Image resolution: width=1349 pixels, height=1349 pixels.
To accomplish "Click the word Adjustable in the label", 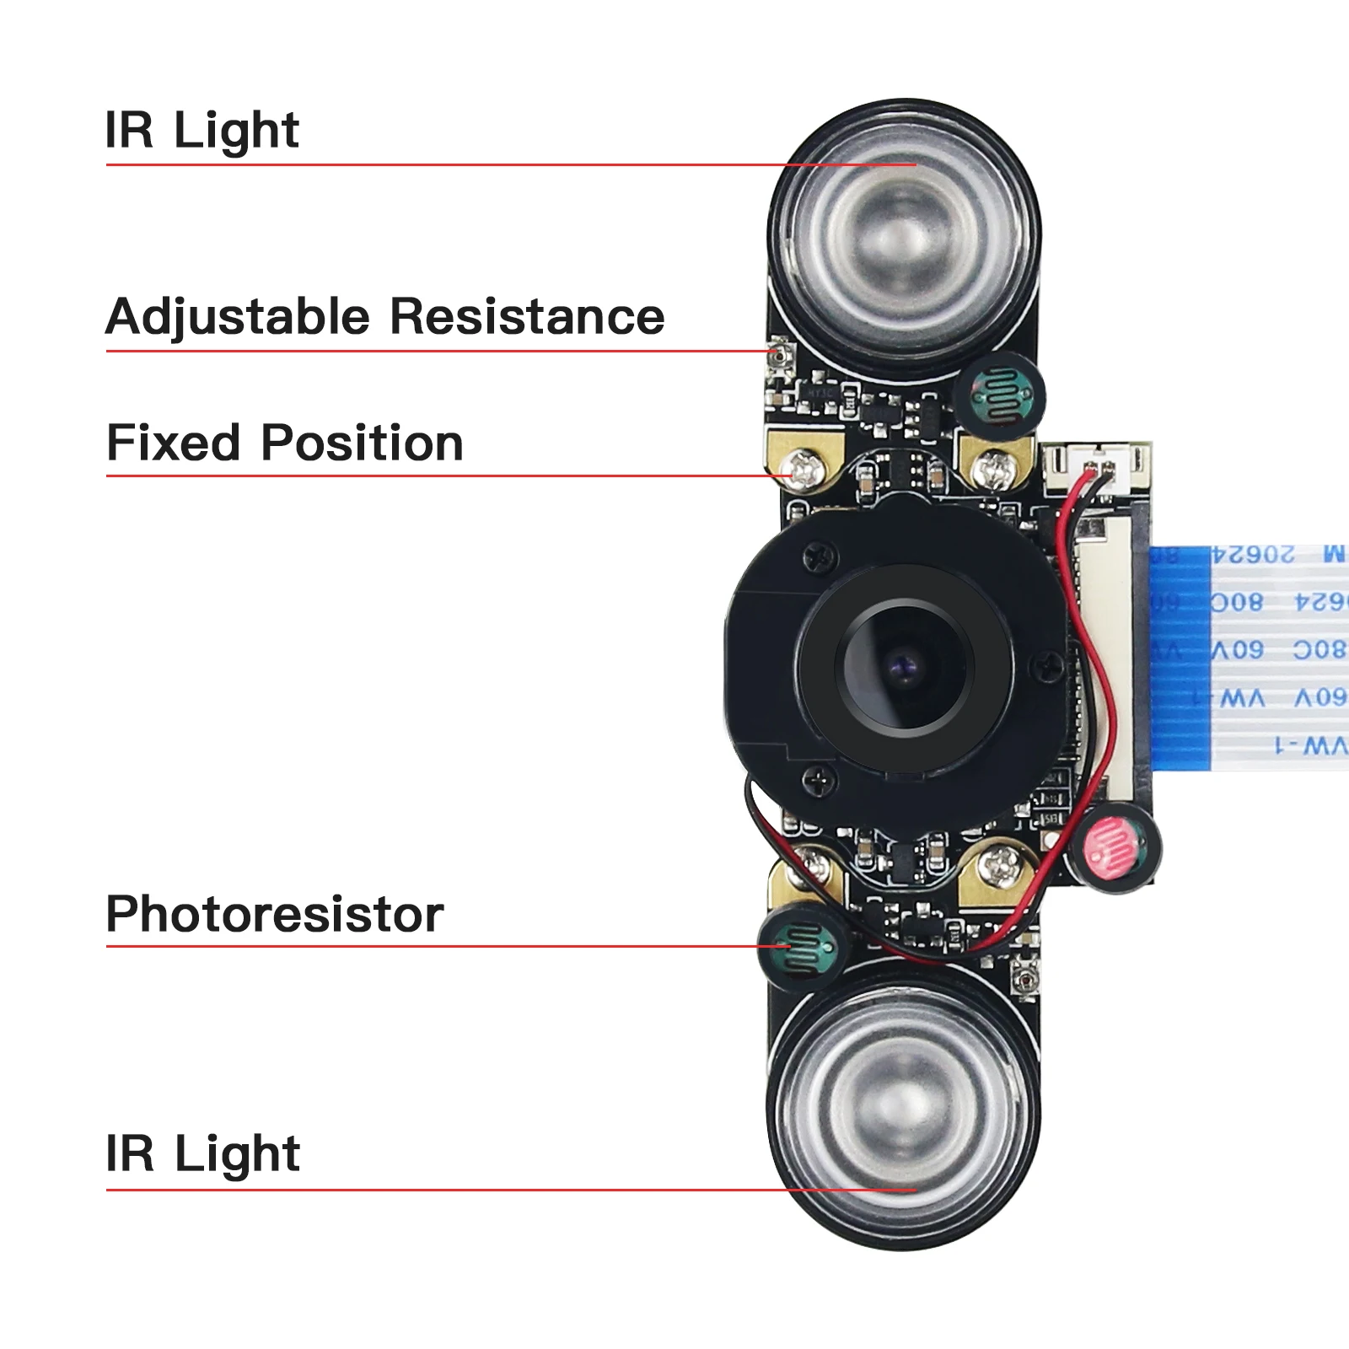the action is (x=238, y=317).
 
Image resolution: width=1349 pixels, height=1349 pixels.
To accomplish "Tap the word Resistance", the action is (x=528, y=317).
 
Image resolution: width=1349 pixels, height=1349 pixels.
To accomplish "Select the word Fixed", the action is (x=173, y=443).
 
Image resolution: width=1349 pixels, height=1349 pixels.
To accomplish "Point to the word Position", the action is (x=363, y=443).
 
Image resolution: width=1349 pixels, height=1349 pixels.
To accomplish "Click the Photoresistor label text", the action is (x=275, y=914).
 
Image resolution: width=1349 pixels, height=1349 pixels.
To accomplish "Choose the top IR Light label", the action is (x=202, y=131).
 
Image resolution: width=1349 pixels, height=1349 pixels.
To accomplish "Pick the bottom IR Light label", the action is (x=202, y=1153).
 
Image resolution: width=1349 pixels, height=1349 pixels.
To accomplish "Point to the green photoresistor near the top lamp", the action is (x=1000, y=393).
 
